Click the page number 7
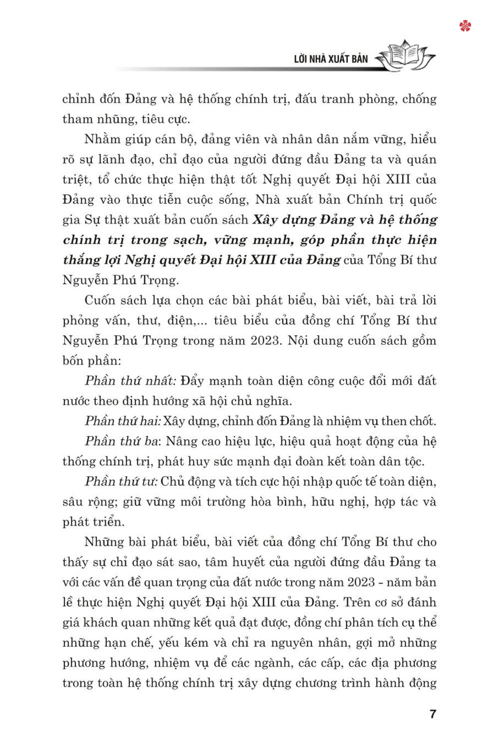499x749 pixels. click(x=433, y=714)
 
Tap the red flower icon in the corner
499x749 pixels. click(x=465, y=26)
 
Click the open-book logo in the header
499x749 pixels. click(x=405, y=56)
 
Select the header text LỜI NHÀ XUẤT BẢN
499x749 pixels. click(x=331, y=59)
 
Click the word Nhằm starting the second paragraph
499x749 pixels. click(x=101, y=139)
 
